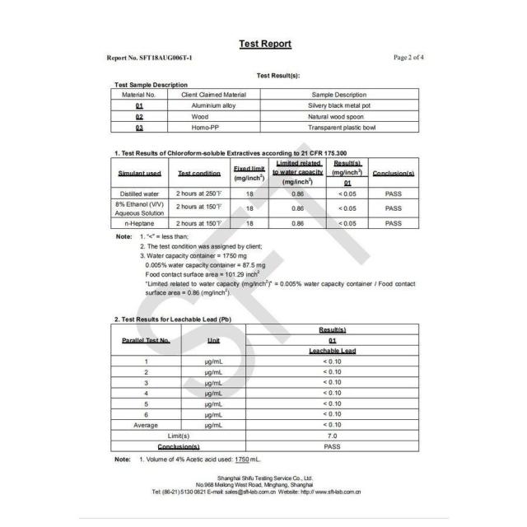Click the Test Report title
point(264,44)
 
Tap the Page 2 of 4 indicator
point(408,58)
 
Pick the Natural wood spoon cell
point(338,117)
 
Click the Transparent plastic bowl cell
point(338,128)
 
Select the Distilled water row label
point(138,194)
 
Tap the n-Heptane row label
point(138,223)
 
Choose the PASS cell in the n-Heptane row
point(393,223)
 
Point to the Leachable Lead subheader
point(332,351)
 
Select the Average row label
point(146,425)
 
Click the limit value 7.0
point(332,436)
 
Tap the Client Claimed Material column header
point(213,95)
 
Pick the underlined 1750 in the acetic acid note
point(241,459)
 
